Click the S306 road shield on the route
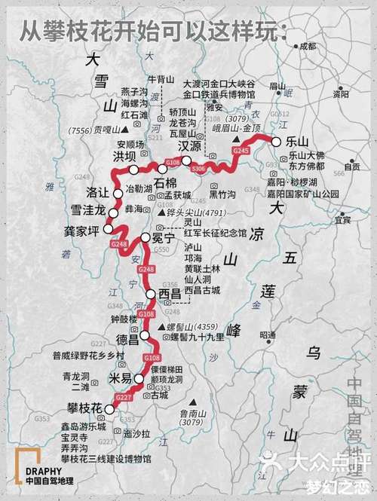[198, 169]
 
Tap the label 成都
[308, 47]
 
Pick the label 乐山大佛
[306, 155]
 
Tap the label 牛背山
[160, 78]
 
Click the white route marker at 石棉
[163, 169]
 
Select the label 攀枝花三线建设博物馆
[106, 457]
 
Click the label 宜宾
[342, 220]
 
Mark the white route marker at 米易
[139, 379]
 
